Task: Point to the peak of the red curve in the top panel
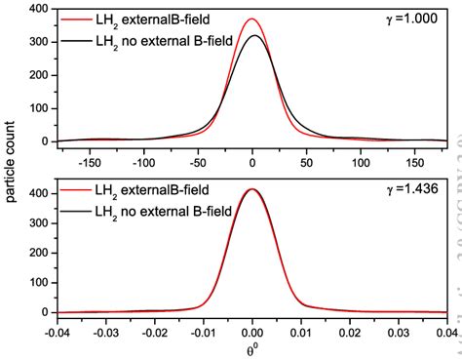coord(252,20)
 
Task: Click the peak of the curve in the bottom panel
coord(252,189)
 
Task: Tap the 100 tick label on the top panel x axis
coord(361,157)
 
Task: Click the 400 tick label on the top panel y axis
coord(38,10)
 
